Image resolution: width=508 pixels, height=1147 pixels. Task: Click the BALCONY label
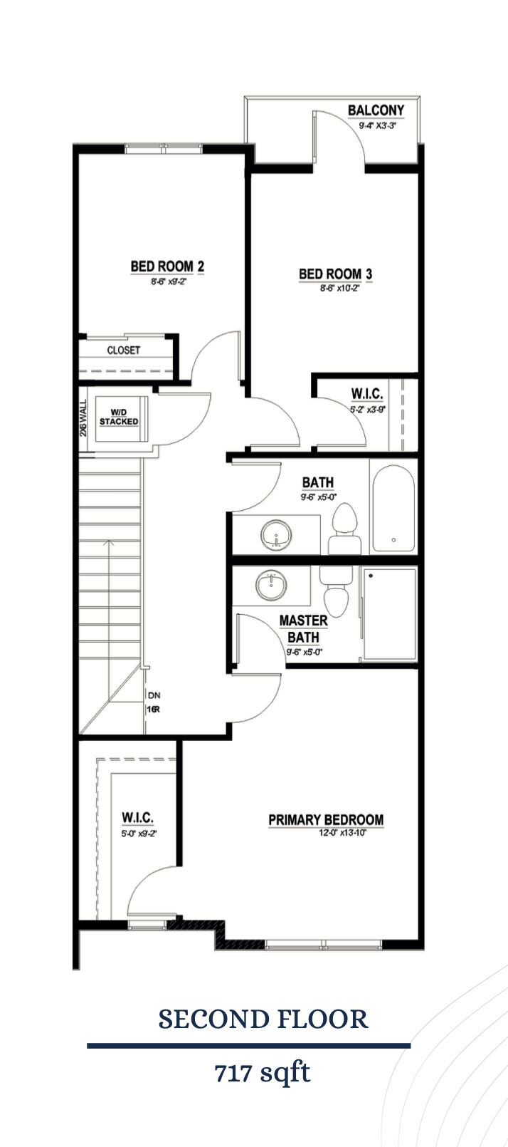(x=375, y=110)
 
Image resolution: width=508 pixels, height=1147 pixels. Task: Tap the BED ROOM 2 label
(x=167, y=266)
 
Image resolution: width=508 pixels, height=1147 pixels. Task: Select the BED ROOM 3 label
(x=335, y=274)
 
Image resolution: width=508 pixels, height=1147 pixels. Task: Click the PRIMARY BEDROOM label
(x=325, y=820)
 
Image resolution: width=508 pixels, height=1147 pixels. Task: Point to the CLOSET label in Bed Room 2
(x=124, y=350)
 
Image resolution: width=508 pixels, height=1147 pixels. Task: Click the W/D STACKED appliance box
(x=119, y=417)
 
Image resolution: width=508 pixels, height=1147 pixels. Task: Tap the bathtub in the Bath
(x=392, y=507)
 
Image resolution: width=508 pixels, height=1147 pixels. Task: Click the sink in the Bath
(x=275, y=534)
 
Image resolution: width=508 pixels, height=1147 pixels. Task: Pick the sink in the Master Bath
(x=271, y=586)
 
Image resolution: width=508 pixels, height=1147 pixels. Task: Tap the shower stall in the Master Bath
(x=389, y=613)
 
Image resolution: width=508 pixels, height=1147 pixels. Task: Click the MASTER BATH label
(x=303, y=629)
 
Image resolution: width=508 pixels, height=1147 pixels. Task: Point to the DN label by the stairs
(x=154, y=695)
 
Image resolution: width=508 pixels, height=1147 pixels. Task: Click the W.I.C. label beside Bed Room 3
(x=367, y=394)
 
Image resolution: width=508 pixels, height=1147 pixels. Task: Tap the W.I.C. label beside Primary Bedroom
(x=138, y=817)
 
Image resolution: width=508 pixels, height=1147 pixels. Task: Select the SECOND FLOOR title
(x=263, y=1019)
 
